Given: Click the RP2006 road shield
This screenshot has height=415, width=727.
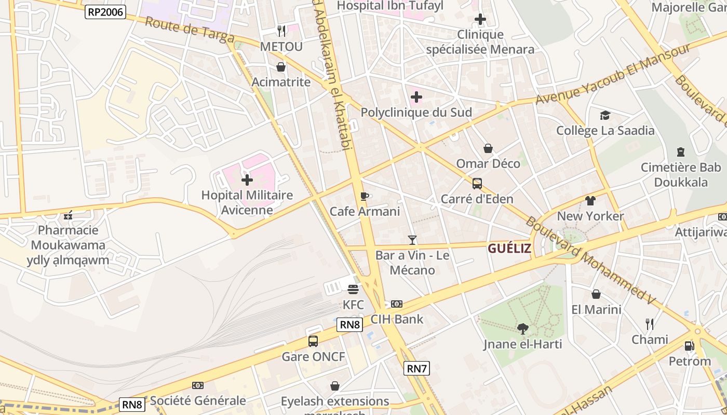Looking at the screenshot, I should pyautogui.click(x=105, y=12).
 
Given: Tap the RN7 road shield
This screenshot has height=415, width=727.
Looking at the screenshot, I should pyautogui.click(x=417, y=369).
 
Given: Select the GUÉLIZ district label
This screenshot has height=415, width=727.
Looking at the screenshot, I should pyautogui.click(x=509, y=248).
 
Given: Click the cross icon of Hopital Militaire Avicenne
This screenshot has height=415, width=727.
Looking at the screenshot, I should pyautogui.click(x=247, y=180).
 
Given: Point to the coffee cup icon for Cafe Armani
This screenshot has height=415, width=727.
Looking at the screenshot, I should pyautogui.click(x=365, y=196).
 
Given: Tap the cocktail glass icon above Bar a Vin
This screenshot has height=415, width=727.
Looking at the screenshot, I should pyautogui.click(x=412, y=240).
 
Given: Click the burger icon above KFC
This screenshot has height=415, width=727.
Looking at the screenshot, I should pyautogui.click(x=353, y=289).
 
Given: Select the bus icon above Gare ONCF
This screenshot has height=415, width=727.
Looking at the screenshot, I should pyautogui.click(x=313, y=341).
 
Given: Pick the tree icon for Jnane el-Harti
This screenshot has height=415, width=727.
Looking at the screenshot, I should pyautogui.click(x=523, y=328).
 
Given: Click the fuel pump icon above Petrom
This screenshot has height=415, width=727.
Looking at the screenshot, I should pyautogui.click(x=689, y=345).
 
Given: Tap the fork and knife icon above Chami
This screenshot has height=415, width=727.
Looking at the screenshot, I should pyautogui.click(x=650, y=324).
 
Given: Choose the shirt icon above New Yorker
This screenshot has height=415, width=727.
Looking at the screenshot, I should pyautogui.click(x=590, y=200).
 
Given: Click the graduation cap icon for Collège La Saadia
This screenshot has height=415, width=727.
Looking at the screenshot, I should pyautogui.click(x=605, y=115).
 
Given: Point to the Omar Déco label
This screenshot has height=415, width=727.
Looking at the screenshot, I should pyautogui.click(x=488, y=164).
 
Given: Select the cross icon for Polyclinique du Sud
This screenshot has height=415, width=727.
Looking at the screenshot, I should pyautogui.click(x=416, y=97).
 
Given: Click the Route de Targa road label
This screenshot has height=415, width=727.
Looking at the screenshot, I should pyautogui.click(x=189, y=30).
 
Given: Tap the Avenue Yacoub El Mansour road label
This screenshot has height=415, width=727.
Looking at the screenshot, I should pyautogui.click(x=613, y=74).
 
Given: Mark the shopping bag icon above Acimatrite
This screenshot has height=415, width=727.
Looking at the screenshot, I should pyautogui.click(x=281, y=67).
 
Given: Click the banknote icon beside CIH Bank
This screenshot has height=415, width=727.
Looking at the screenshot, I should pyautogui.click(x=397, y=304).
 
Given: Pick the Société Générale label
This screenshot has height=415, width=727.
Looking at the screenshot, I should pyautogui.click(x=198, y=400).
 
